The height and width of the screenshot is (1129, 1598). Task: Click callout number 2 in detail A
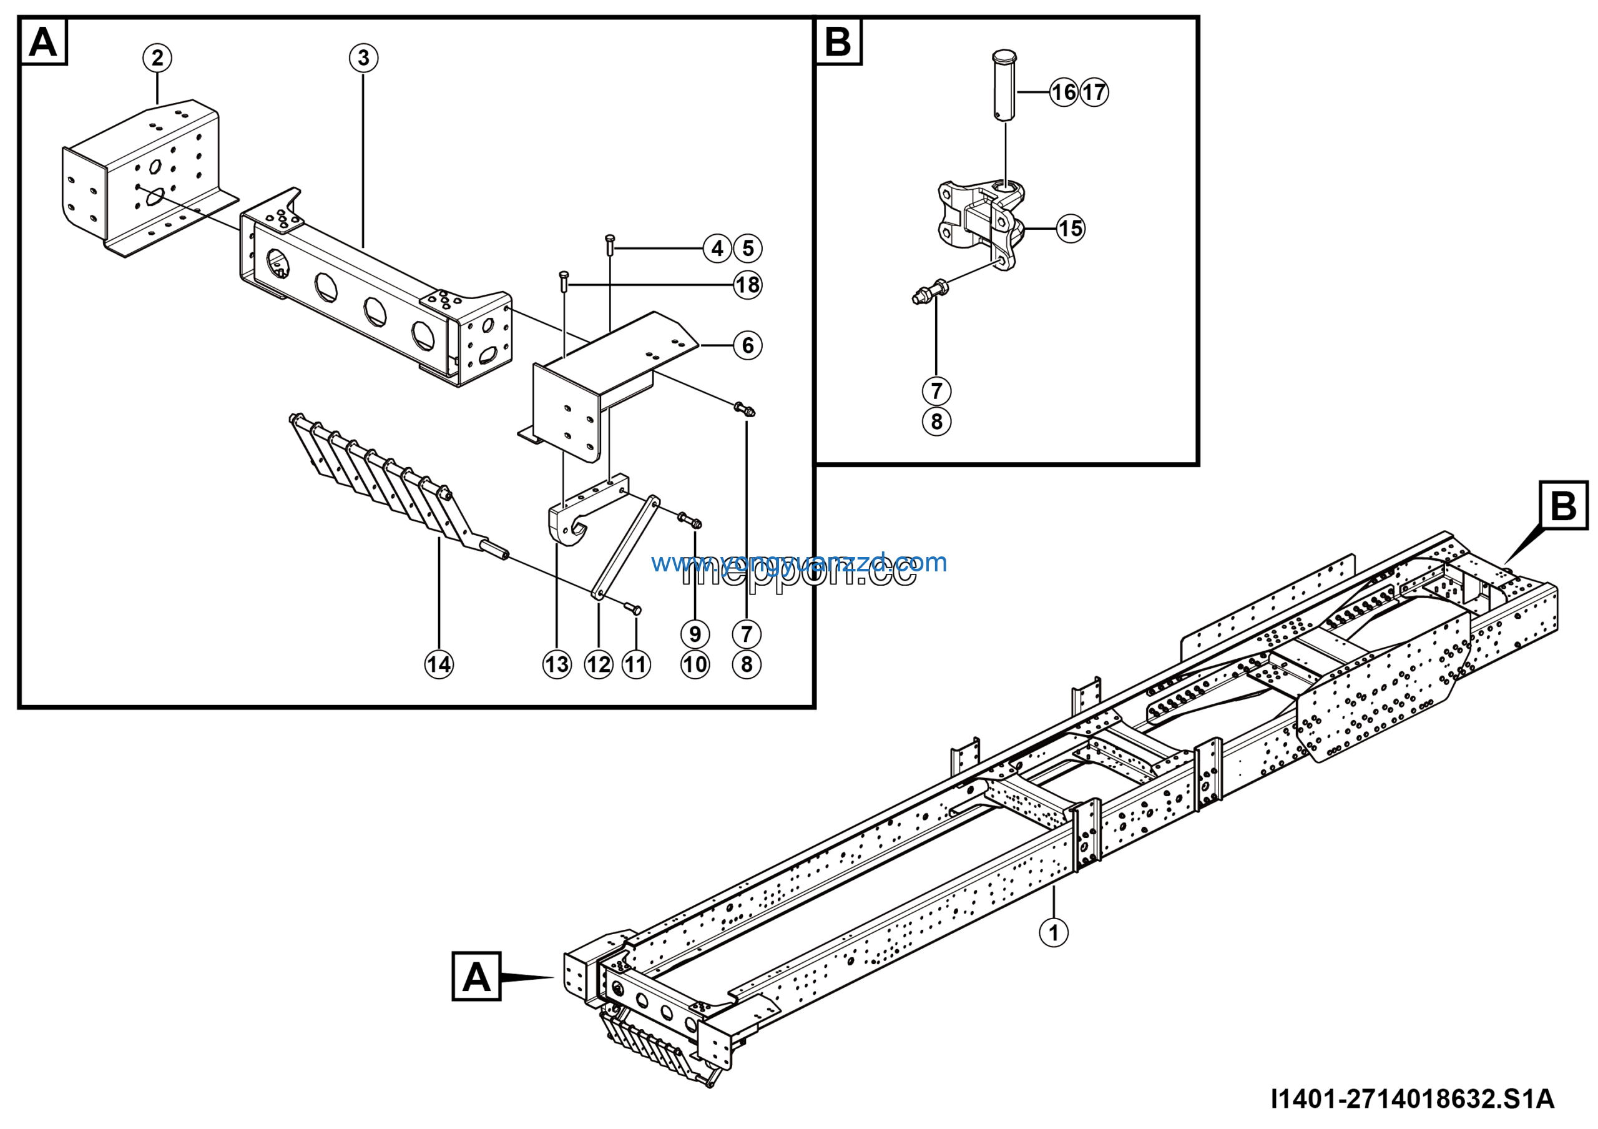[157, 58]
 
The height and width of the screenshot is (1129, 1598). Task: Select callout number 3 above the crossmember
[363, 58]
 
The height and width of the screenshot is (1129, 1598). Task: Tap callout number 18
[747, 285]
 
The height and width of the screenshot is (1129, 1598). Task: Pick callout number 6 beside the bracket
[747, 345]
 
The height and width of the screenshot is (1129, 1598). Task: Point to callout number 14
[438, 664]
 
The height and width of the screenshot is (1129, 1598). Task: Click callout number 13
[557, 664]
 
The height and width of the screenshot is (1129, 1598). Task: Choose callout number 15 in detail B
[1071, 229]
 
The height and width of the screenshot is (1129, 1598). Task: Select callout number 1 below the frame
[1053, 933]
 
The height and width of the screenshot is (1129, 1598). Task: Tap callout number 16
[1064, 92]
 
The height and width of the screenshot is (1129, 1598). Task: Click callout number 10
[695, 664]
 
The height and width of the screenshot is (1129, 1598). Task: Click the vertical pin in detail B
[1004, 86]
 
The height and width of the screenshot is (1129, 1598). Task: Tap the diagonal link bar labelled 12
[625, 547]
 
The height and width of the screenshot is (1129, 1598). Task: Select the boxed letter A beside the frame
[476, 977]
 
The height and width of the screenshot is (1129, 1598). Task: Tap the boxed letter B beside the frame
[1563, 505]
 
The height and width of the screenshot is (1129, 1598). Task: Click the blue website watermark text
[799, 562]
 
